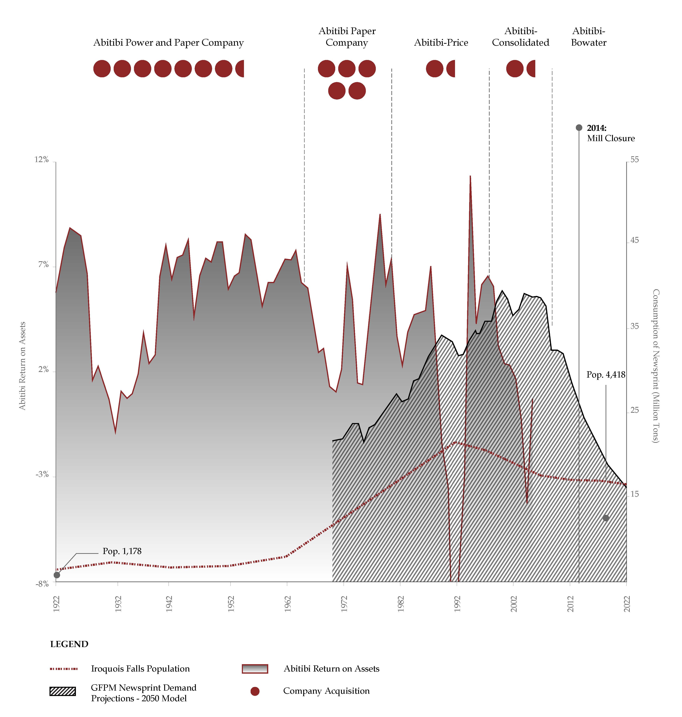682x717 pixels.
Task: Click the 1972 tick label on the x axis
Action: pos(344,604)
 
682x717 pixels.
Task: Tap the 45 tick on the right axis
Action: pos(634,240)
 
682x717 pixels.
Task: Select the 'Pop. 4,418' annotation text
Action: pos(606,375)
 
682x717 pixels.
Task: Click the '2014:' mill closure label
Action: pos(596,128)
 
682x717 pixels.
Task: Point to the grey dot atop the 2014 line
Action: pos(579,128)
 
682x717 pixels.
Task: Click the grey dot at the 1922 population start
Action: pos(57,575)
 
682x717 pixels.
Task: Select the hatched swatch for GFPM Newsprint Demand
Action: pos(63,691)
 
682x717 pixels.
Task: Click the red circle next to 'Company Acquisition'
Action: pos(255,691)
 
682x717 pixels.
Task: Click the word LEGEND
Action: pos(69,644)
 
